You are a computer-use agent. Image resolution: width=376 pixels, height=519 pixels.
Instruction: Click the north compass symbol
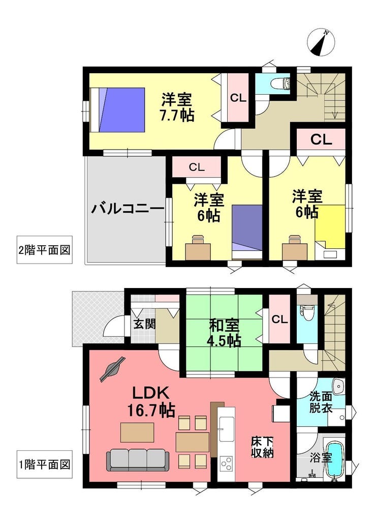point(321,42)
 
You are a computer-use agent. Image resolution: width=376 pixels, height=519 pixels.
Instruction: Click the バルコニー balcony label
point(128,209)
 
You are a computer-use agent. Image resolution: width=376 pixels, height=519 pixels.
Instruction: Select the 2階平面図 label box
point(45,249)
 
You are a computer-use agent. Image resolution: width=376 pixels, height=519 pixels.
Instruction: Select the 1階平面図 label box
point(45,464)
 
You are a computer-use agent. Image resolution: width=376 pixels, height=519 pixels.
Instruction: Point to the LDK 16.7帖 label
point(151,401)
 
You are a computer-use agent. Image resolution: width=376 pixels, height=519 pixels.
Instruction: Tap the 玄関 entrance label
point(144,324)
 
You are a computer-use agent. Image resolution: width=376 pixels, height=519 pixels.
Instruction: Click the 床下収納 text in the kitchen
point(262,447)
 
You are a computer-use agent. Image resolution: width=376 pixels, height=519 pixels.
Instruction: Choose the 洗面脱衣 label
point(321,402)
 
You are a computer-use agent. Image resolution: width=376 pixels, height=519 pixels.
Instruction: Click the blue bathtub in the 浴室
point(335,459)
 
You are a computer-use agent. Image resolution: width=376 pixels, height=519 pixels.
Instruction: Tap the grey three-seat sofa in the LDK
point(138,460)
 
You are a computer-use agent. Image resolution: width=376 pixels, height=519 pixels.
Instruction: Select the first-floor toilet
point(307,312)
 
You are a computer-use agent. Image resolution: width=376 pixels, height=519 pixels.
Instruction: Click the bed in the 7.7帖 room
point(117,110)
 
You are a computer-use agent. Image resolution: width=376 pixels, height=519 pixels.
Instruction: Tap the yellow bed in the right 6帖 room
point(330,226)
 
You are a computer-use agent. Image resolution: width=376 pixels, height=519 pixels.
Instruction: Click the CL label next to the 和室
point(279,320)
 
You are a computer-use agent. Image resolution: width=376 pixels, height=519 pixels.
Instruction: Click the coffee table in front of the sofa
point(137,432)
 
